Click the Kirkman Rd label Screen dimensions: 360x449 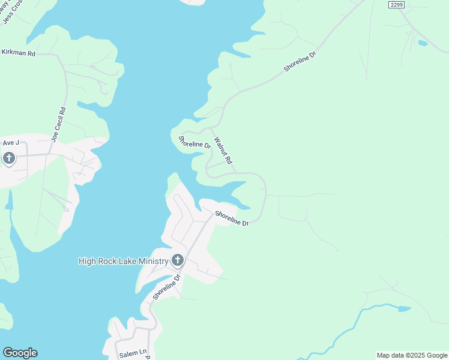19,53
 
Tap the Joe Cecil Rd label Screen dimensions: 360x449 58,125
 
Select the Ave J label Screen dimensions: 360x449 11,142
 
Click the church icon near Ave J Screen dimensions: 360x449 8,158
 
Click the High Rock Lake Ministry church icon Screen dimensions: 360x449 177,260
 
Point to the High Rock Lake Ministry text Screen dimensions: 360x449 123,261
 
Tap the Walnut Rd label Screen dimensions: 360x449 223,152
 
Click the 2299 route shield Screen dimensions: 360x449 396,4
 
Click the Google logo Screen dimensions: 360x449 20,353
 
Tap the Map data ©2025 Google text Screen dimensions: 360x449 412,355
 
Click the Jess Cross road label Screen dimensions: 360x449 13,10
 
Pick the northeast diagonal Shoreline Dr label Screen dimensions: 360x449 300,62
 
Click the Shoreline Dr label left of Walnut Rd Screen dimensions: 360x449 194,142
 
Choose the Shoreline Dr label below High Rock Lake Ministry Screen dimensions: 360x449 167,286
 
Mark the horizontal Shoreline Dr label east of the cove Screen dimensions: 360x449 232,218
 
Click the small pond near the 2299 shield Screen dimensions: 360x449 423,43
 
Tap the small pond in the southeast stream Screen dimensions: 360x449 404,309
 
